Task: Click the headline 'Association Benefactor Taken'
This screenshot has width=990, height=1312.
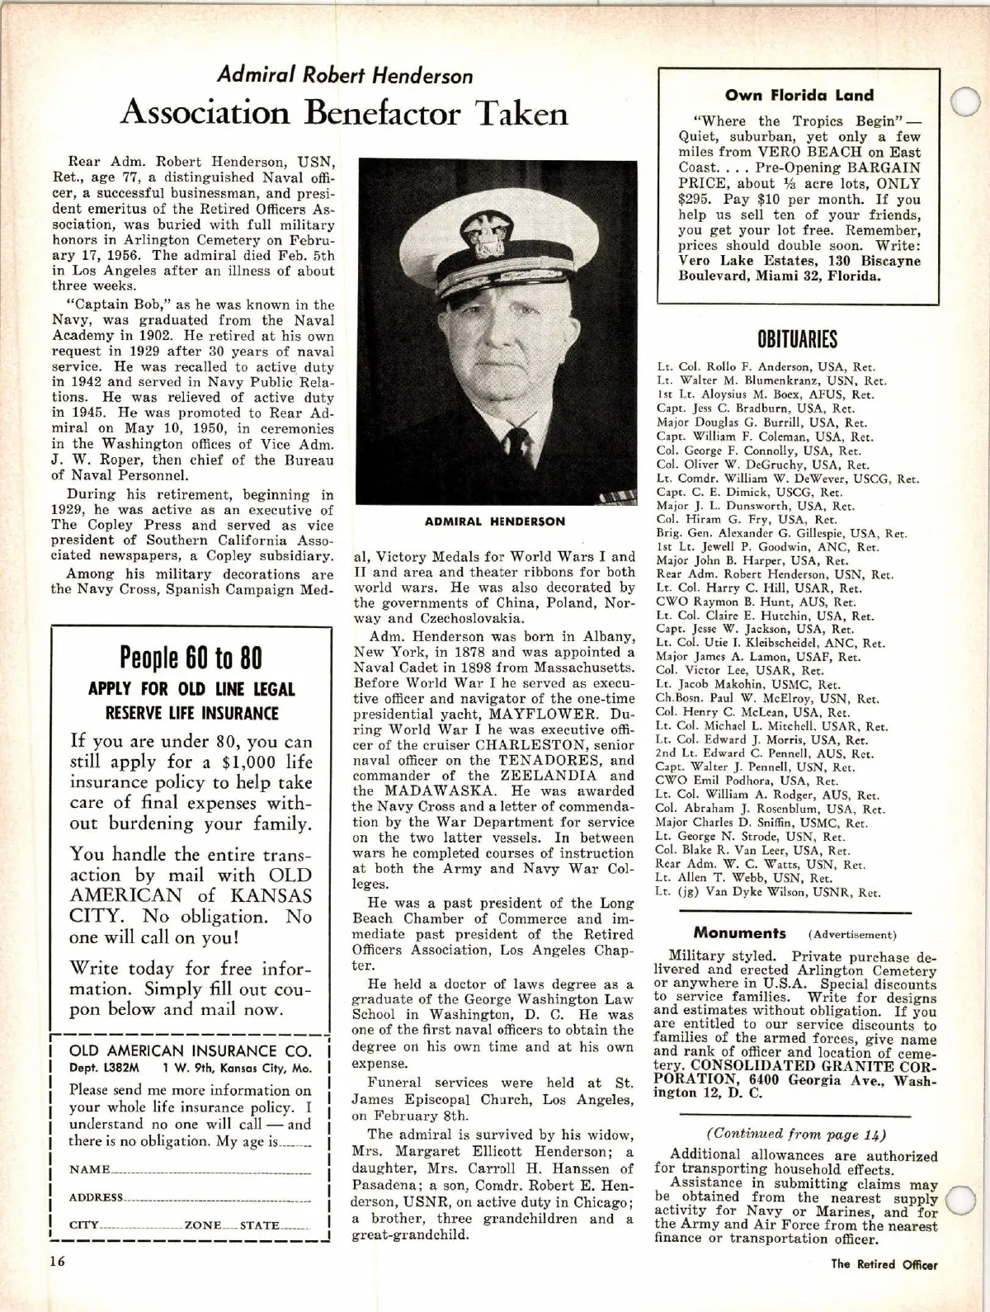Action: tap(344, 113)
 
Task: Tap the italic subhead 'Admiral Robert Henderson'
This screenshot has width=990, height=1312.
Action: tap(345, 76)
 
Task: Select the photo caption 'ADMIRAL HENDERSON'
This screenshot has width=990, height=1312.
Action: tap(495, 521)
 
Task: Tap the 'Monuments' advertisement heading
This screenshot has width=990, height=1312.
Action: tap(740, 933)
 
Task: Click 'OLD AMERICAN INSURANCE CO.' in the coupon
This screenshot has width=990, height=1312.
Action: tap(191, 1050)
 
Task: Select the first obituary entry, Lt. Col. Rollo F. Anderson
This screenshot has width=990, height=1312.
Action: tap(766, 366)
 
